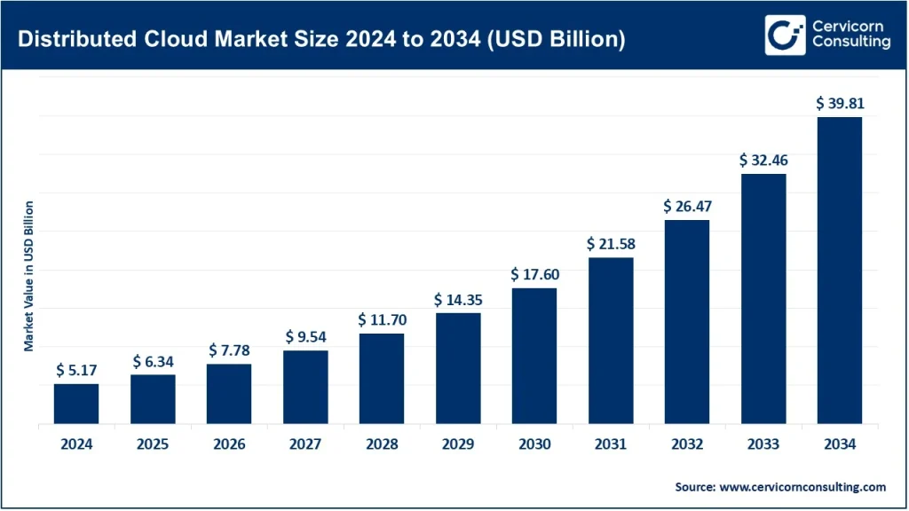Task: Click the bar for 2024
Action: click(x=76, y=404)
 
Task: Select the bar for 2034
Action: click(x=839, y=271)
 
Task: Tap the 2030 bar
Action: click(x=534, y=356)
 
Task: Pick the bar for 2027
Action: click(x=305, y=387)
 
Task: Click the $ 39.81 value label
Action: click(x=839, y=104)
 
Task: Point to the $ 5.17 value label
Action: click(x=76, y=370)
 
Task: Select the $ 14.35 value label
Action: click(x=457, y=299)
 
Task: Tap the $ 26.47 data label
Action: click(x=686, y=206)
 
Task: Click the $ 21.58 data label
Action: click(x=610, y=243)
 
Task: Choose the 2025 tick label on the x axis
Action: click(x=153, y=445)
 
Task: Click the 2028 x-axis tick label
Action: click(x=381, y=445)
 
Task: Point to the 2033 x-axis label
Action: click(x=763, y=445)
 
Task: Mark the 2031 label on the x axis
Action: click(x=610, y=445)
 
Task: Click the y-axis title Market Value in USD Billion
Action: click(x=29, y=276)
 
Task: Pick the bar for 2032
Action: click(x=686, y=322)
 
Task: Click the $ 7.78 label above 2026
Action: click(x=229, y=350)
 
